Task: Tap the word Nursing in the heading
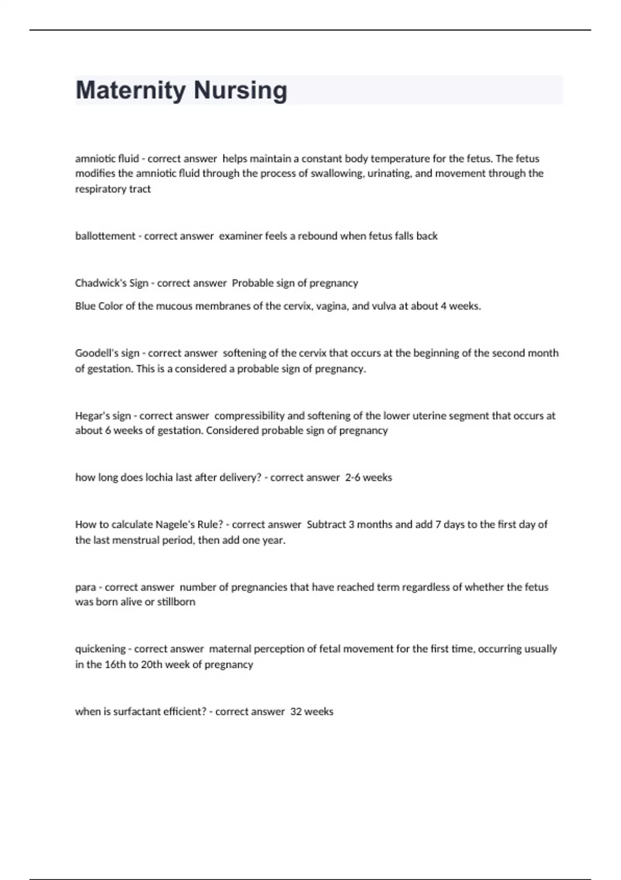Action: pos(241,91)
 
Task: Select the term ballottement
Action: pos(105,236)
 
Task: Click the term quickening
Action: pos(100,649)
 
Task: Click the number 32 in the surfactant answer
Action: pos(296,712)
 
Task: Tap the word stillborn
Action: pos(176,602)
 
